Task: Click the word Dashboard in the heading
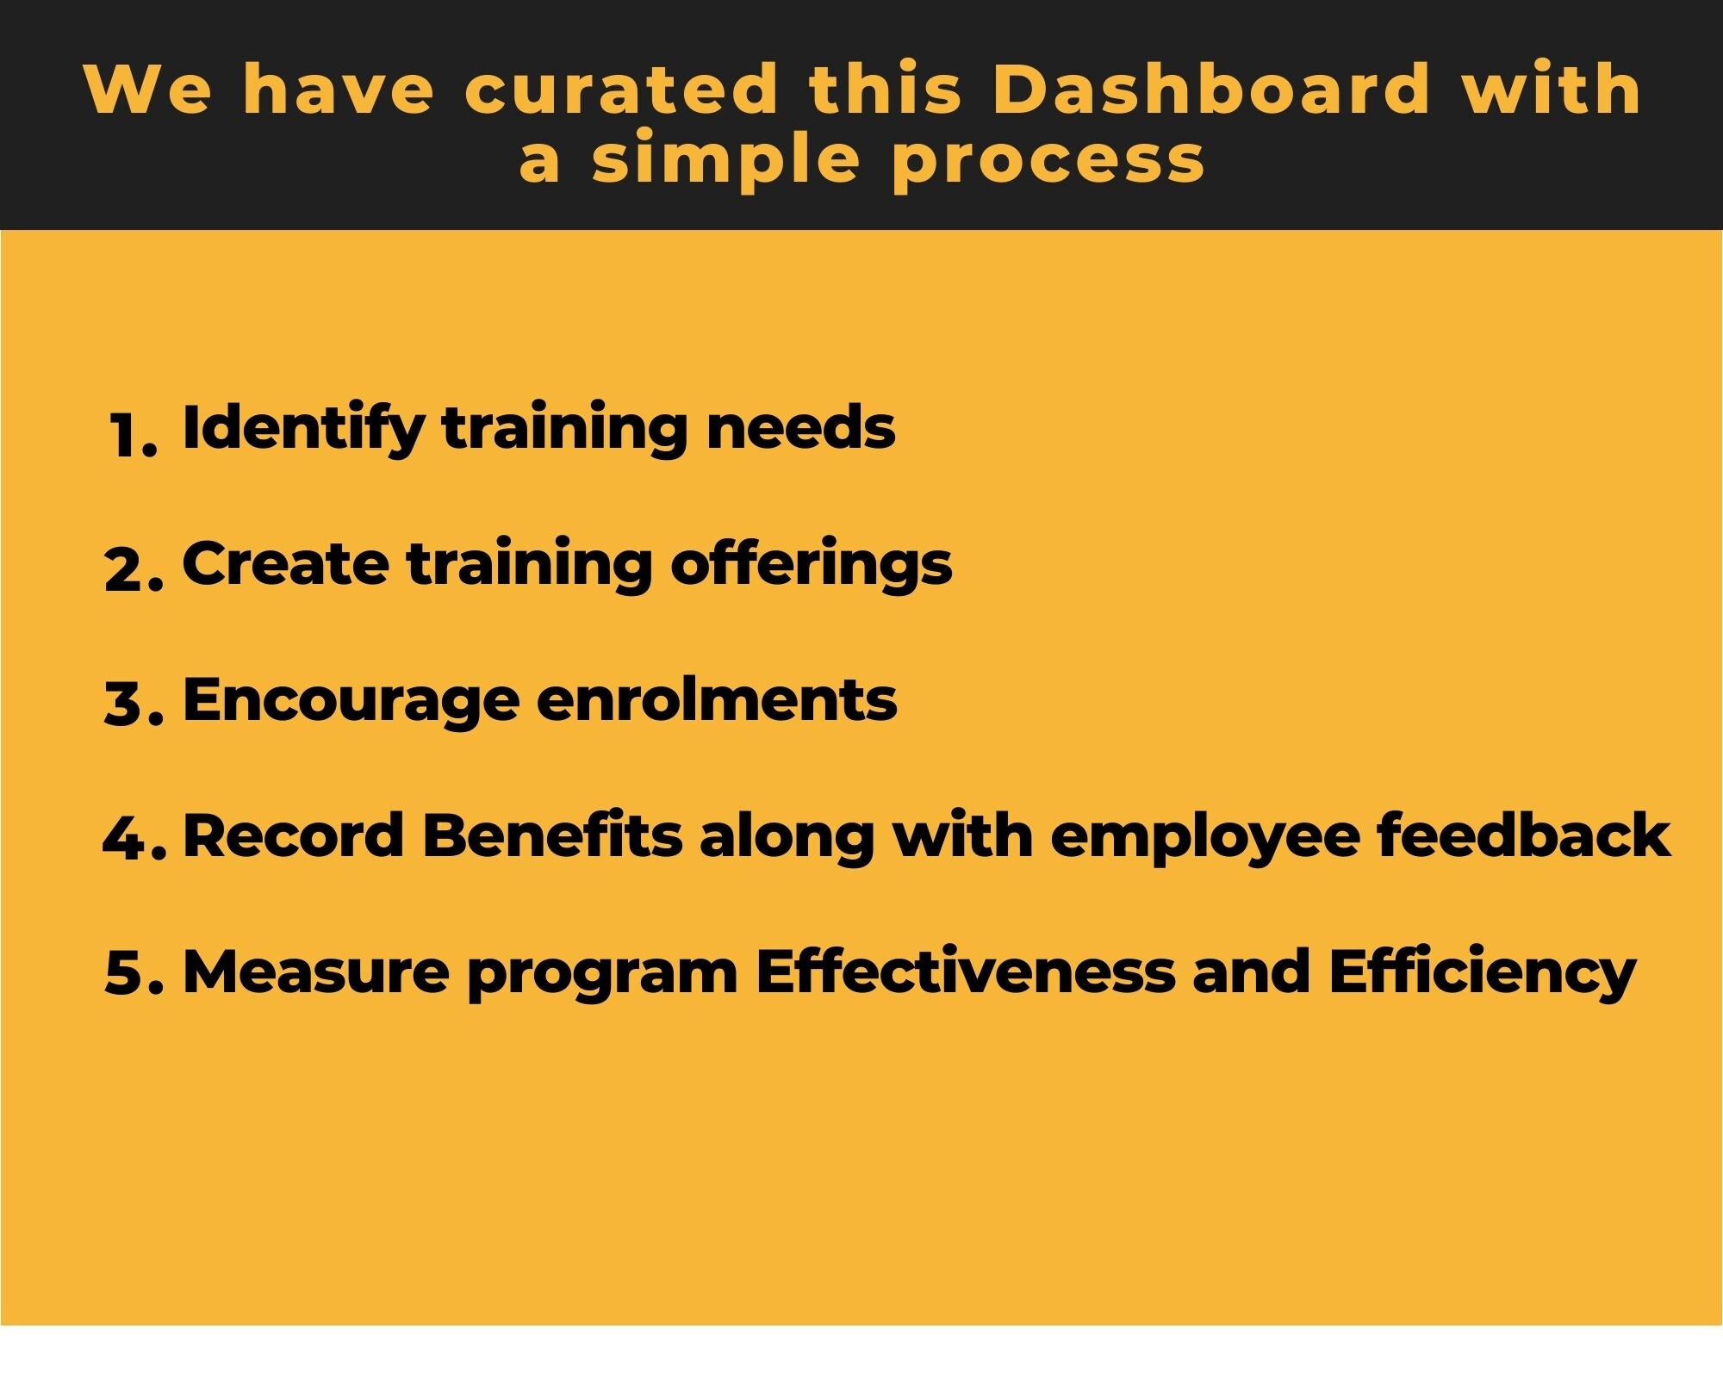[1210, 89]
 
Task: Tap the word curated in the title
[620, 89]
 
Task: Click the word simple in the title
[725, 161]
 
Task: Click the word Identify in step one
[302, 428]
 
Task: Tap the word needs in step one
[800, 428]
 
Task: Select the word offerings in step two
[811, 565]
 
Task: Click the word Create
[285, 565]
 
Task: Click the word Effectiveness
[965, 971]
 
